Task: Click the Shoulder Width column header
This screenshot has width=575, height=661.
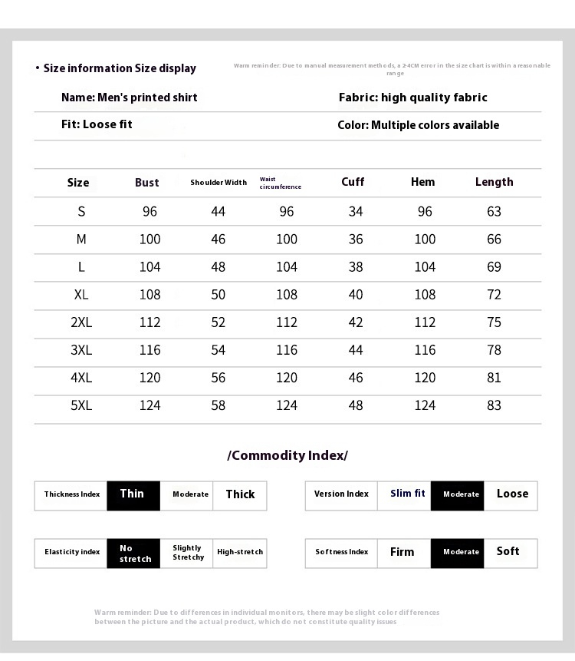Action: click(219, 183)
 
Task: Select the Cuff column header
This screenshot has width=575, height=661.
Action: click(353, 182)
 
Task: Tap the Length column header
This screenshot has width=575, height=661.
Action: click(494, 182)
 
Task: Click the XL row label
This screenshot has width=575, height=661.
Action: click(81, 295)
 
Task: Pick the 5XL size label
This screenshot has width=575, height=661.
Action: click(81, 405)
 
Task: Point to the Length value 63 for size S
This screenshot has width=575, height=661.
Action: click(494, 212)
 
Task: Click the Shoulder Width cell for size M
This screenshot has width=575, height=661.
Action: click(219, 240)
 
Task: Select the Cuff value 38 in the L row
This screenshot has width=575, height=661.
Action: click(356, 267)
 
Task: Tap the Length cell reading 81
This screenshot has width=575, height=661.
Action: click(494, 378)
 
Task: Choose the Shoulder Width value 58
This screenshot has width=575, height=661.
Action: click(219, 405)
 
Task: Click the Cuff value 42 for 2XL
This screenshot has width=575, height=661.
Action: click(356, 322)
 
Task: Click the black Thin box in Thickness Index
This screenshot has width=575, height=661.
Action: click(133, 495)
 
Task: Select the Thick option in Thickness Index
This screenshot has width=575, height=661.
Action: click(240, 495)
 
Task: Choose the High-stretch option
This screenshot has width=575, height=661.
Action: click(240, 553)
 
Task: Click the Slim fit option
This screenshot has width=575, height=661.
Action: click(407, 494)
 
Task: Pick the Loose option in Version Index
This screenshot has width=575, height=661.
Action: click(511, 494)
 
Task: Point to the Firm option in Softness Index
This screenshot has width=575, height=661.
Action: click(402, 553)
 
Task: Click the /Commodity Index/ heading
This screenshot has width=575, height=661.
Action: click(287, 455)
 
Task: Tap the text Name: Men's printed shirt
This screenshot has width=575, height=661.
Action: click(129, 97)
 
